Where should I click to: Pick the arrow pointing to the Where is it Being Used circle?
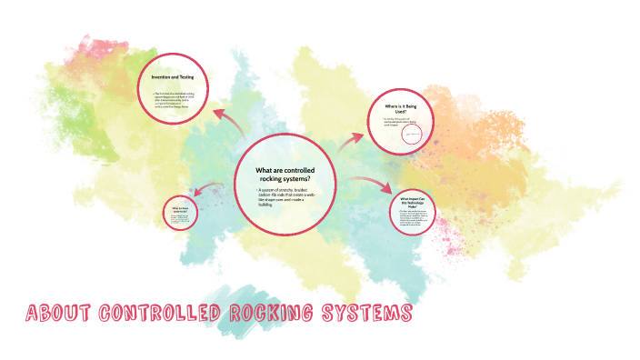[x=349, y=141]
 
